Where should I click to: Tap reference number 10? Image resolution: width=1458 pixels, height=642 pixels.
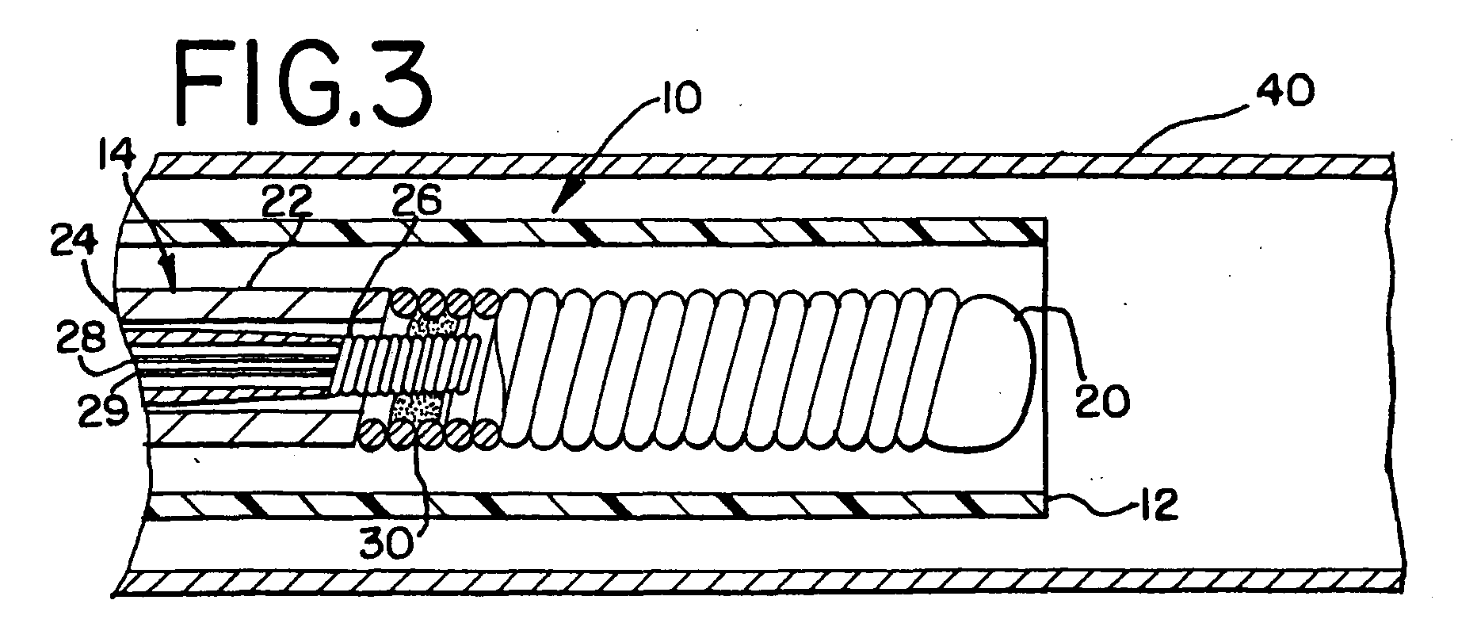pyautogui.click(x=677, y=101)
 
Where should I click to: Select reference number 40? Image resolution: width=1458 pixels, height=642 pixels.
pyautogui.click(x=1283, y=93)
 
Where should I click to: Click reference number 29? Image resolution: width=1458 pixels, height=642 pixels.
pyautogui.click(x=102, y=411)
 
